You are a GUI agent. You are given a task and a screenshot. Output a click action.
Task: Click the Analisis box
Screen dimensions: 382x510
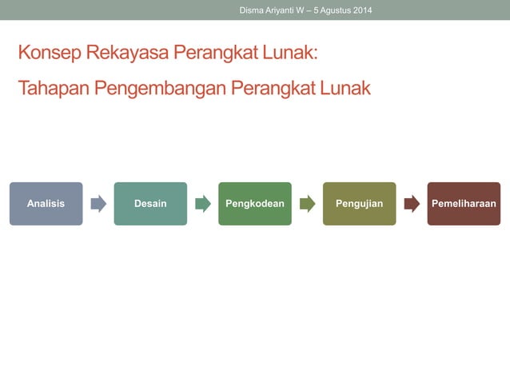coord(46,204)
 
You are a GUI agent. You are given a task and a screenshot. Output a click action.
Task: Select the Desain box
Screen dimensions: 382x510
coord(150,204)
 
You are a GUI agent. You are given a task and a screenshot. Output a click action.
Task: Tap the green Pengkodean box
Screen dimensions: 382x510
coord(255,204)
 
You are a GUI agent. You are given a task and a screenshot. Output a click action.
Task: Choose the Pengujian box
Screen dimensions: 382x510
coord(359,204)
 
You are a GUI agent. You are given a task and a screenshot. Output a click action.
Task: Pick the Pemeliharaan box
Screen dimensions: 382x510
coord(464,204)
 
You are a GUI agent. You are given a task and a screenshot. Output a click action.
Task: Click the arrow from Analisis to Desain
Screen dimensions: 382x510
coord(98,204)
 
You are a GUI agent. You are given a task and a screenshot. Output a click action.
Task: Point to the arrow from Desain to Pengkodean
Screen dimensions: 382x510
coord(203,204)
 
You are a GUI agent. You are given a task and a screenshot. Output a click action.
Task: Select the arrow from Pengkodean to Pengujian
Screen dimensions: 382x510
coord(308,204)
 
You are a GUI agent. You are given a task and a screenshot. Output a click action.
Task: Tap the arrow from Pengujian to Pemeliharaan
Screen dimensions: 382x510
coord(412,204)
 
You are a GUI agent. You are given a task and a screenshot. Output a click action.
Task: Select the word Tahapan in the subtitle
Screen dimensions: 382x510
coord(53,88)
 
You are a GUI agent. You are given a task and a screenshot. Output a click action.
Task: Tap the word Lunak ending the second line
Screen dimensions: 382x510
coord(344,88)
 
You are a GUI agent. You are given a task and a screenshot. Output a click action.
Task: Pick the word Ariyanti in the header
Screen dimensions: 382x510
coord(286,10)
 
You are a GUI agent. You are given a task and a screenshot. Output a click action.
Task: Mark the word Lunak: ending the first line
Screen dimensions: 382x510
coord(293,54)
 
